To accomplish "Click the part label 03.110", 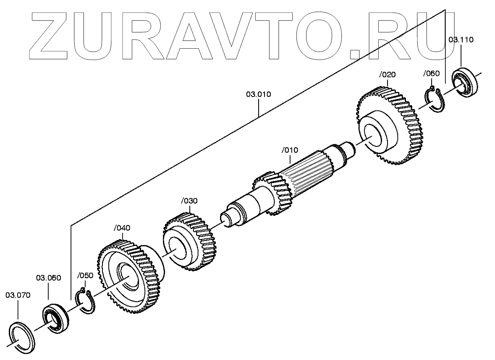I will (461, 40).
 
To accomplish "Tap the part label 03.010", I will (258, 94).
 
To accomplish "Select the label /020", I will (387, 75).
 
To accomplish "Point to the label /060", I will (431, 74).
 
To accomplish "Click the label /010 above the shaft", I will (290, 150).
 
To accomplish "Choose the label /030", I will (189, 201).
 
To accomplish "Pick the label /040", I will (122, 228).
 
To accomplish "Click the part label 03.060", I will (48, 277).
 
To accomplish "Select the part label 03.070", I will (18, 295).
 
